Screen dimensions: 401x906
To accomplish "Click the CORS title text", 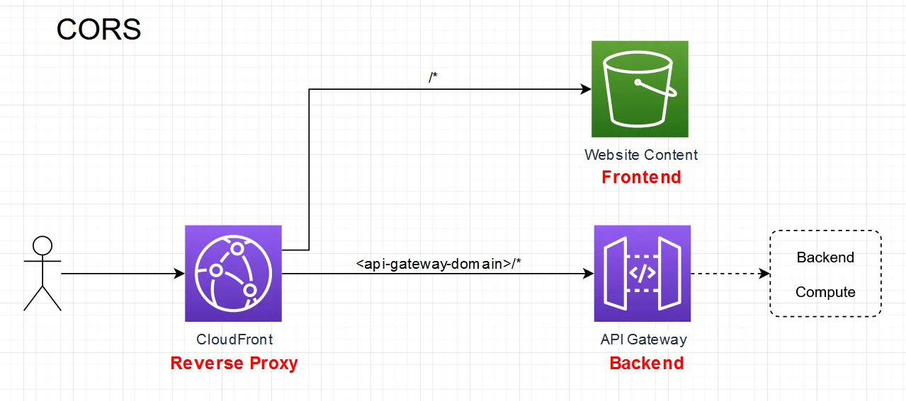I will [98, 30].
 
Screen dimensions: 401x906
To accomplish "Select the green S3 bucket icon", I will [640, 88].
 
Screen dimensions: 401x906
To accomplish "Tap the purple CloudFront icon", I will [233, 273].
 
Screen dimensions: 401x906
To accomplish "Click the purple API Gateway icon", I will [642, 273].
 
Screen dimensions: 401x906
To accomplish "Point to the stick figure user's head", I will [43, 246].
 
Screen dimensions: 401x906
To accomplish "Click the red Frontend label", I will [641, 177].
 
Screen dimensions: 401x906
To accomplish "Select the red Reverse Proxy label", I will [234, 364].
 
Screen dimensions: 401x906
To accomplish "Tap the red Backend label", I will [646, 364].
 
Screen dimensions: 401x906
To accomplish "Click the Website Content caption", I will [641, 155].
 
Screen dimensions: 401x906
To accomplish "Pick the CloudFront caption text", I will [234, 339].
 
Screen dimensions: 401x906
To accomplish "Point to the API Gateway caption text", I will [643, 339].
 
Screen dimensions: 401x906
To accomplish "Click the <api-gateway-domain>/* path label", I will [439, 265].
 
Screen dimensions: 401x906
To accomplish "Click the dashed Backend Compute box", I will [825, 274].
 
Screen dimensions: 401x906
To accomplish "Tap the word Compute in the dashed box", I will [825, 292].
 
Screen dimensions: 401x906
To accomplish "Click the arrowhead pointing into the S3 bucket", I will [586, 89].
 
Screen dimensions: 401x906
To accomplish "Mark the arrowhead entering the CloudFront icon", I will [179, 274].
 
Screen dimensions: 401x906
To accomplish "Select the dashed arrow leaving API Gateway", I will [726, 274].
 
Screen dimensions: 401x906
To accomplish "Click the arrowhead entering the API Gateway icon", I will [588, 274].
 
